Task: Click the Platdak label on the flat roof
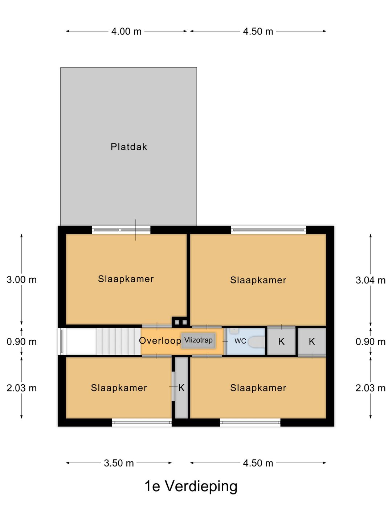[x=129, y=147]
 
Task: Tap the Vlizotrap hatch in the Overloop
[x=198, y=340]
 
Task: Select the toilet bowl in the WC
[x=257, y=341]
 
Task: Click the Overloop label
[x=160, y=341]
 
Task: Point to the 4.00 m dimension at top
[x=126, y=32]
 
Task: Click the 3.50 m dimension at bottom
[x=119, y=463]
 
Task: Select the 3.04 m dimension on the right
[x=370, y=280]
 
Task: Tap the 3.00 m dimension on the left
[x=22, y=280]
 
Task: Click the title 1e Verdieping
[x=191, y=486]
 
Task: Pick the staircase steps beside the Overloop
[x=118, y=341]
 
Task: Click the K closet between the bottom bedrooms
[x=181, y=388]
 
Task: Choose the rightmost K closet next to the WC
[x=312, y=341]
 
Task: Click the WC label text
[x=240, y=341]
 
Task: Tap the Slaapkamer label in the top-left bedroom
[x=126, y=279]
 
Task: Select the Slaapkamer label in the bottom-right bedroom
[x=258, y=388]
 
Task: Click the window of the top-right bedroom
[x=269, y=230]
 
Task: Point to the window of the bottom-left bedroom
[x=142, y=422]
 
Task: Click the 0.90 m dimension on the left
[x=22, y=342]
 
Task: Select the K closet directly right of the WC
[x=281, y=341]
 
